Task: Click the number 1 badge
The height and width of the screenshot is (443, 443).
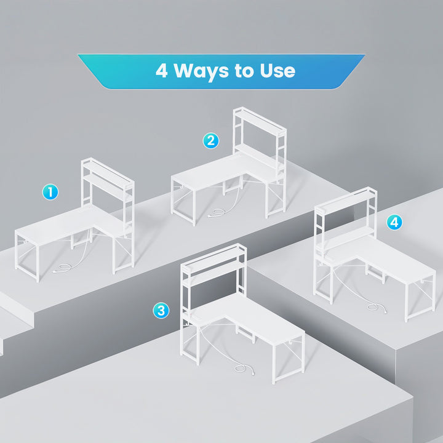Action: click(50, 192)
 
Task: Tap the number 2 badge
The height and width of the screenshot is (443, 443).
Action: click(211, 141)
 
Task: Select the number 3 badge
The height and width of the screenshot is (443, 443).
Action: click(161, 311)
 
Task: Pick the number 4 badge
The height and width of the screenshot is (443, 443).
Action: click(394, 222)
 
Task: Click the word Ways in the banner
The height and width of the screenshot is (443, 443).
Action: click(201, 71)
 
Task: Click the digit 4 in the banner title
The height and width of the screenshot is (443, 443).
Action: click(162, 70)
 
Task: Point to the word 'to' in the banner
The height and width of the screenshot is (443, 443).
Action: click(244, 71)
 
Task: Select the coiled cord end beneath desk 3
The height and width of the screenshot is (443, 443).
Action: click(243, 369)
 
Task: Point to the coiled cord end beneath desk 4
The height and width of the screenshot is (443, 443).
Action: click(376, 307)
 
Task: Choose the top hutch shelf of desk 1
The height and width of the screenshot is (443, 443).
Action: click(108, 171)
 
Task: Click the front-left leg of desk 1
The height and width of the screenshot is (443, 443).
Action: click(38, 263)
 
